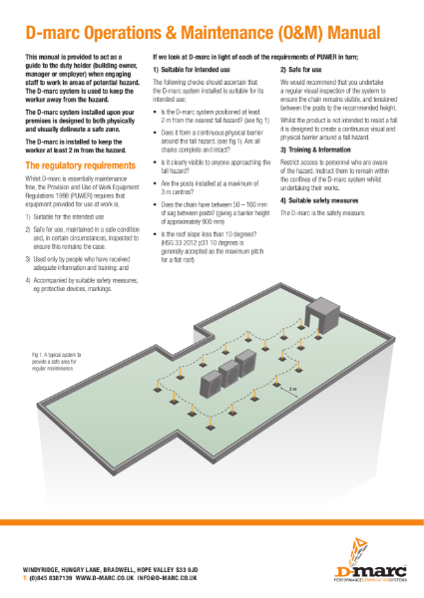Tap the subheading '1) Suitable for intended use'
pyautogui.click(x=195, y=71)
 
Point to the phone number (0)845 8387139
pyautogui.click(x=49, y=577)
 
